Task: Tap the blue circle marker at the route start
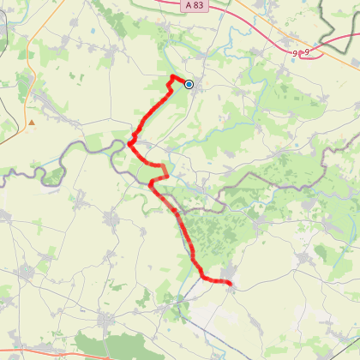(189, 84)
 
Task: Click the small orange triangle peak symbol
(32, 123)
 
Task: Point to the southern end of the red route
(230, 283)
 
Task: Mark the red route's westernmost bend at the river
(129, 144)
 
